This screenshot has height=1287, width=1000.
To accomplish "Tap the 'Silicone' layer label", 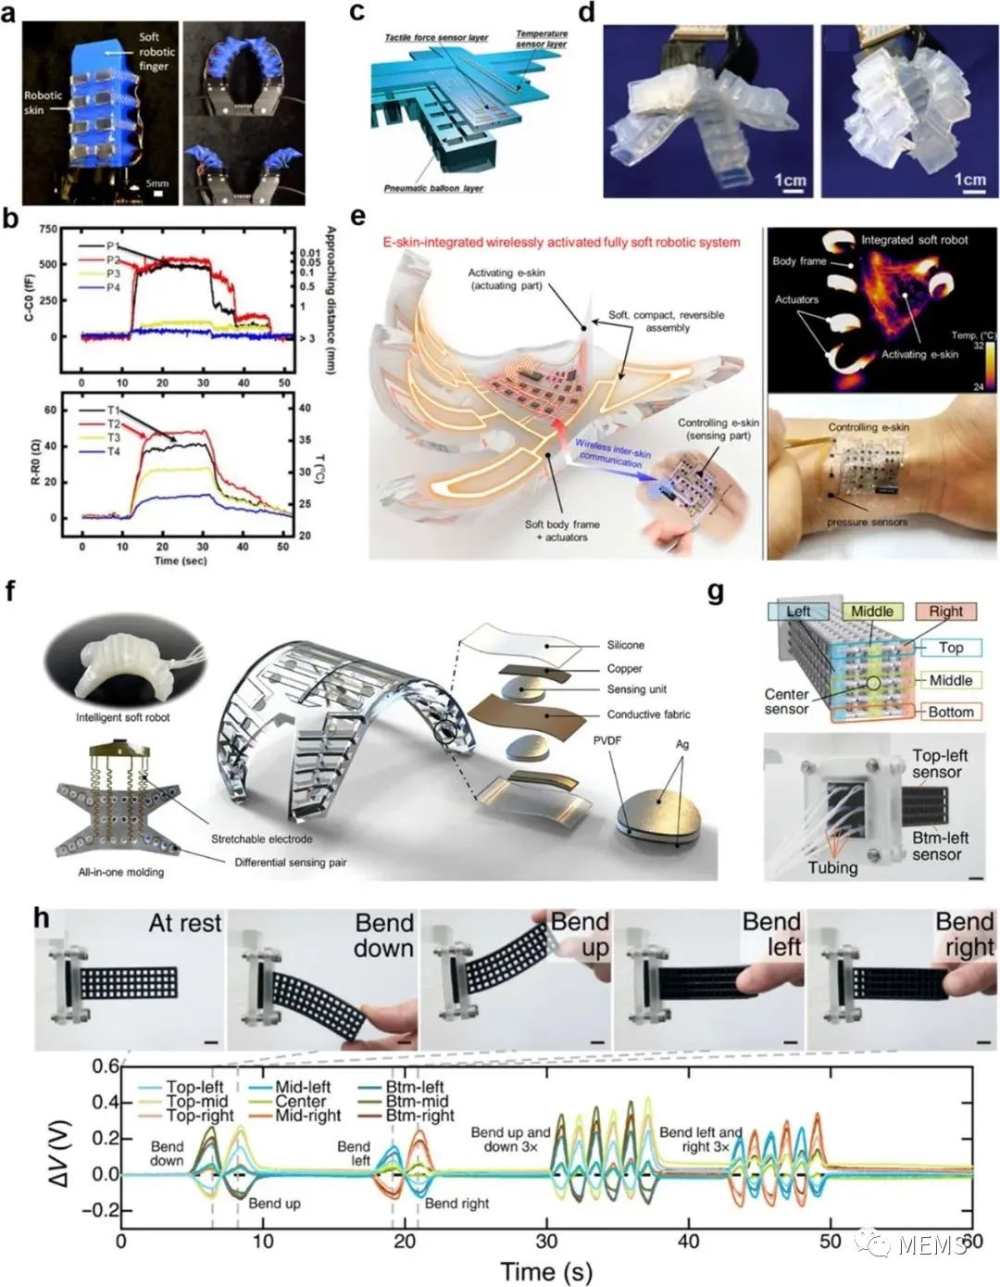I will [626, 645].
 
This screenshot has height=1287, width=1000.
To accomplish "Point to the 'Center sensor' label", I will [788, 701].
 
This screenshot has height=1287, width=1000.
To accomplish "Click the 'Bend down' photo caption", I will [383, 936].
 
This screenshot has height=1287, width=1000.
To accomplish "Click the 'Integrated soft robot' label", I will [914, 239].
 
